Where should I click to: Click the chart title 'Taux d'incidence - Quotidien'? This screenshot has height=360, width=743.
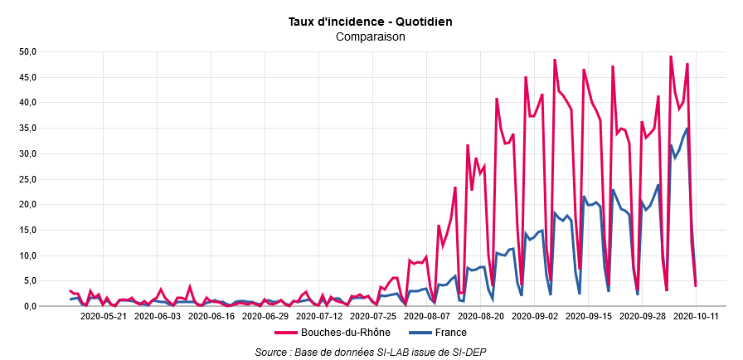pyautogui.click(x=371, y=21)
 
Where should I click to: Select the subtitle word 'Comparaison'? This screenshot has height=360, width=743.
pyautogui.click(x=371, y=36)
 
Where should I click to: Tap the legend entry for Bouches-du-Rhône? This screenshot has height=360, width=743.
pyautogui.click(x=331, y=333)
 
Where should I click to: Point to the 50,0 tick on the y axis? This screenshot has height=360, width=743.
pyautogui.click(x=28, y=51)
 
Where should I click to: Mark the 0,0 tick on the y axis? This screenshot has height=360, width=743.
pyautogui.click(x=30, y=306)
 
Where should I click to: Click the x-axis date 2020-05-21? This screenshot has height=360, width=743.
pyautogui.click(x=103, y=316)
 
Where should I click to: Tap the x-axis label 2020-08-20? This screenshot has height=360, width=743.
pyautogui.click(x=481, y=316)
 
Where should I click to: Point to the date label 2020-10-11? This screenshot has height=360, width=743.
pyautogui.click(x=697, y=316)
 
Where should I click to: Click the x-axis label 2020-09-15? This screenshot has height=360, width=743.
pyautogui.click(x=589, y=316)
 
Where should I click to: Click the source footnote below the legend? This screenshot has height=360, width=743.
pyautogui.click(x=371, y=353)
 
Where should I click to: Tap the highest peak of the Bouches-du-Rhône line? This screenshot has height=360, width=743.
pyautogui.click(x=671, y=56)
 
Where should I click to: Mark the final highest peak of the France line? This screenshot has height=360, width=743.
pyautogui.click(x=687, y=128)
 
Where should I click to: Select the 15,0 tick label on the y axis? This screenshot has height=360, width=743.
pyautogui.click(x=28, y=230)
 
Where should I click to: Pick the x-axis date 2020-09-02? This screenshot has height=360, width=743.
pyautogui.click(x=535, y=316)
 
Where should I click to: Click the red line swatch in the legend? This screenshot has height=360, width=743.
pyautogui.click(x=285, y=333)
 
